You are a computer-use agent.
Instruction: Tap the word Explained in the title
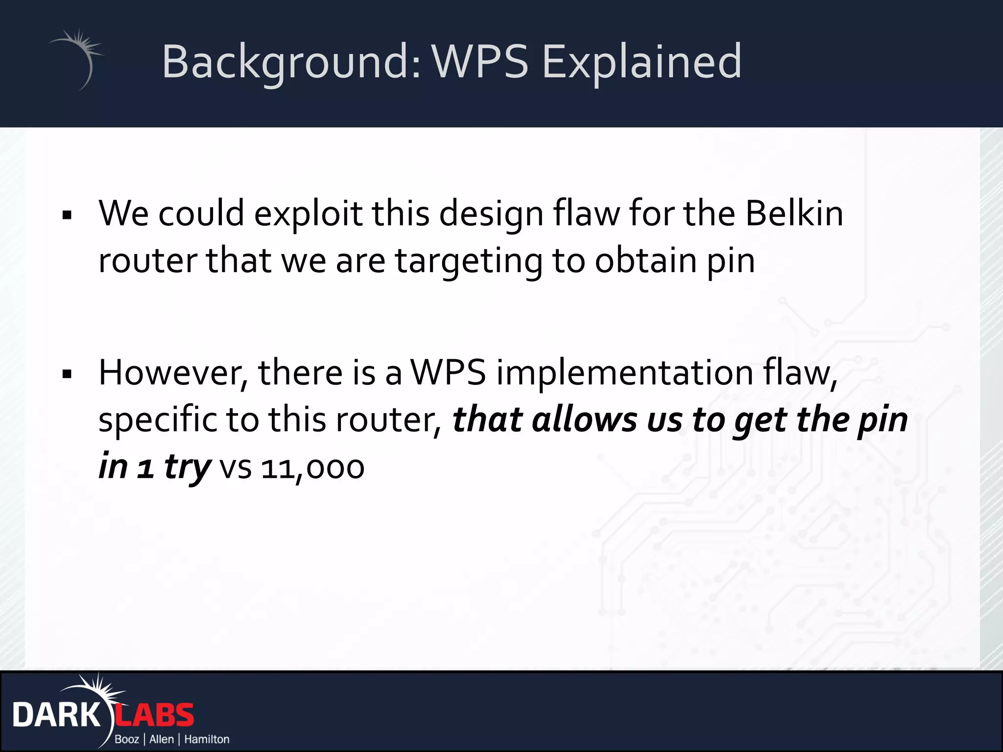point(642,63)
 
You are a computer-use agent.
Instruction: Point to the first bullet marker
point(67,215)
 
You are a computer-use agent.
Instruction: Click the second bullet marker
point(67,375)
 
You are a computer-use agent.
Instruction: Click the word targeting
point(468,261)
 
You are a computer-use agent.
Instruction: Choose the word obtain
point(645,260)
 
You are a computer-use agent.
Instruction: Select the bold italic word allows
point(585,420)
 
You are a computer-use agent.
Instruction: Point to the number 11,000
point(312,468)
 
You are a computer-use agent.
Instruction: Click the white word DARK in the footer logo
point(56,715)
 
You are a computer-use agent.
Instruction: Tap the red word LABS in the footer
point(155,715)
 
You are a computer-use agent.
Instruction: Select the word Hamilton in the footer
point(207,739)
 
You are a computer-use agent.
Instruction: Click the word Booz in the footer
point(127,739)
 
